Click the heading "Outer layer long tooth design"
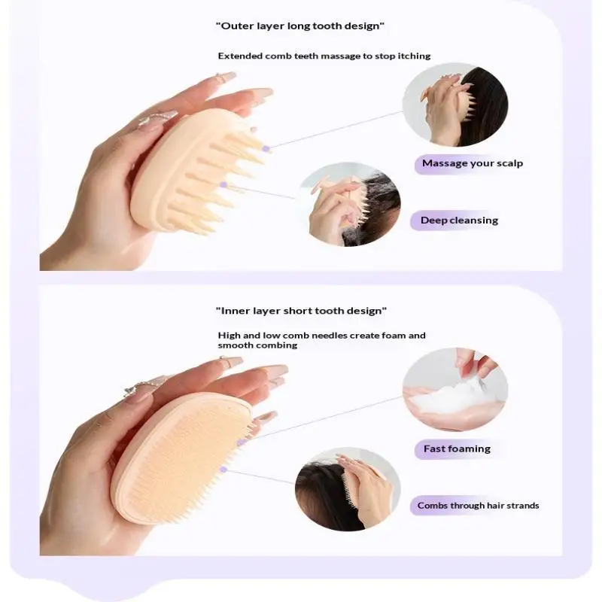[299, 26]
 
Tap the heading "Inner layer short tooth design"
[301, 311]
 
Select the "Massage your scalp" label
[473, 163]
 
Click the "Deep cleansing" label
[459, 220]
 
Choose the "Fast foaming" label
[457, 448]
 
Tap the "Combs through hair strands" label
[478, 505]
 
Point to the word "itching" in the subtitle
[414, 56]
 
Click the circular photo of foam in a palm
[455, 389]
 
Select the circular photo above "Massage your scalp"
[455, 105]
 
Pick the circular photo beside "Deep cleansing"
[349, 204]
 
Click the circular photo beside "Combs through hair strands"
[348, 489]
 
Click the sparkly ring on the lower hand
[144, 385]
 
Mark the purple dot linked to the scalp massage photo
[266, 148]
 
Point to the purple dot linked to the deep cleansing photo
[223, 185]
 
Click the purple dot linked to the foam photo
[241, 442]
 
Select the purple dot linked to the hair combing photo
[223, 469]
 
